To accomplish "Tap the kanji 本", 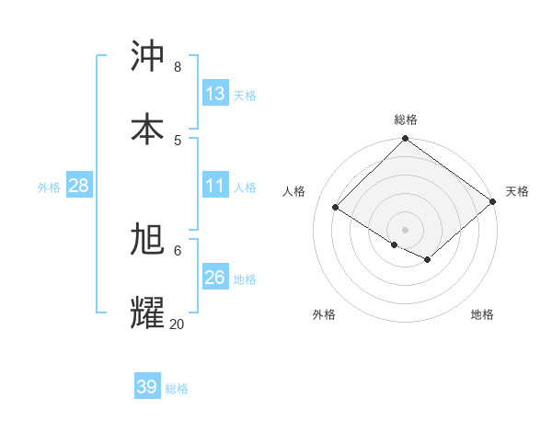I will pos(148,128).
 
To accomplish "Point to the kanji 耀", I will pos(148,312).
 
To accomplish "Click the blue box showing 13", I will pos(215,93).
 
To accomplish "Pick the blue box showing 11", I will pos(215,186).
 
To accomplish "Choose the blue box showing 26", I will pos(215,278).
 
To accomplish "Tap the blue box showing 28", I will pos(79,186).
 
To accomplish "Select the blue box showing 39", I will pos(147,387).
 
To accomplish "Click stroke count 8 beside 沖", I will pos(177,67).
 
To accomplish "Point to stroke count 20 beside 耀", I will pos(178,324).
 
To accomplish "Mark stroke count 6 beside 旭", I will pos(178,250).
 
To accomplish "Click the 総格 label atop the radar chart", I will pos(406,119).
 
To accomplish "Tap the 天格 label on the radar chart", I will pos(517,191).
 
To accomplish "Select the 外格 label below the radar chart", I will pos(324,314).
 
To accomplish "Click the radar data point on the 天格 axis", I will pos(494,202).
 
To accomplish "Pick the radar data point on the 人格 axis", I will pos(336,208).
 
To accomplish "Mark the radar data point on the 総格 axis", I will pos(406,140).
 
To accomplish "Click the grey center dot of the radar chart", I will pos(406,229).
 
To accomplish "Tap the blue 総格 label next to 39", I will pos(177,389).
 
